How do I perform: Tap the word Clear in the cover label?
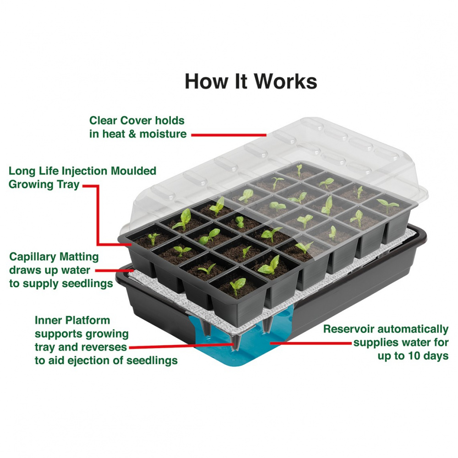(x=104, y=120)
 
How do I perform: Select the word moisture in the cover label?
(x=163, y=134)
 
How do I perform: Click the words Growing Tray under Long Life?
(x=44, y=185)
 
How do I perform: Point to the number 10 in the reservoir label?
(x=407, y=356)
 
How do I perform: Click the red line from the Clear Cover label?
(x=229, y=135)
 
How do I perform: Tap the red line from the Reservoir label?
(x=311, y=343)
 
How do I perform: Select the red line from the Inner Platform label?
(x=181, y=346)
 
